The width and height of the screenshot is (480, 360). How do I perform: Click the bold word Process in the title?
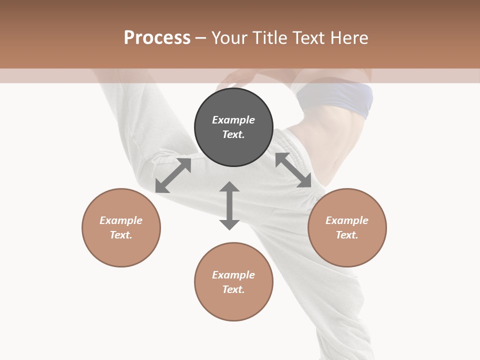[157, 38]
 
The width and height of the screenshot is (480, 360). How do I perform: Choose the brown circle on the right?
[347, 250]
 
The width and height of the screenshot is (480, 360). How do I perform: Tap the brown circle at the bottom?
[233, 305]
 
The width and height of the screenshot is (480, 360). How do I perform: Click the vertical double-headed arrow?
[229, 205]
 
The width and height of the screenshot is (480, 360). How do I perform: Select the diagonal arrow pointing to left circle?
[173, 175]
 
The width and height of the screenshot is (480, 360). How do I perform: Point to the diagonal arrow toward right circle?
[293, 170]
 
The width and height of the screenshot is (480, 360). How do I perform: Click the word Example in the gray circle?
[233, 120]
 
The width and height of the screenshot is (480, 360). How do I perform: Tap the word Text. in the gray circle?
[233, 134]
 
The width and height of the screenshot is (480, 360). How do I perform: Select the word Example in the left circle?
[121, 220]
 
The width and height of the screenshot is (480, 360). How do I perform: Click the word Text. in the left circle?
[121, 235]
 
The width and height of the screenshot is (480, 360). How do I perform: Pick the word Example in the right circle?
[347, 220]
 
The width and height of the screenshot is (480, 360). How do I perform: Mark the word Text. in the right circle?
[347, 235]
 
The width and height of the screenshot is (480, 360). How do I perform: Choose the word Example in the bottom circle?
[233, 275]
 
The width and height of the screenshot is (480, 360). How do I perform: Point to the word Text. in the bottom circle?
[233, 289]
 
